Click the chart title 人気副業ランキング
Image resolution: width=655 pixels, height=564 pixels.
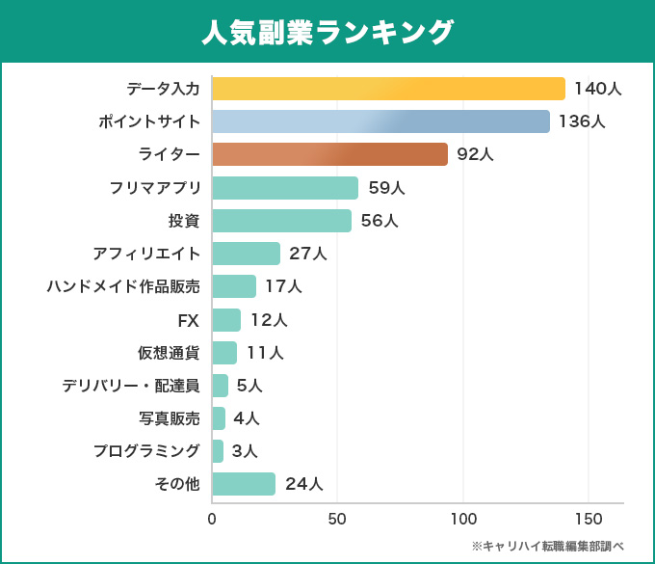tap(327, 32)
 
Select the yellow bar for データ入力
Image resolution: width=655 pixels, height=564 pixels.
tap(388, 89)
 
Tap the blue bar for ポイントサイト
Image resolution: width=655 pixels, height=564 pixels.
tap(380, 121)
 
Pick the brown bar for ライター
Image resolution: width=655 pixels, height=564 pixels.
tap(329, 154)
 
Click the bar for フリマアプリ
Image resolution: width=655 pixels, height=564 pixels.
tap(285, 188)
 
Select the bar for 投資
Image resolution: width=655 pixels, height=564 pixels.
tap(281, 221)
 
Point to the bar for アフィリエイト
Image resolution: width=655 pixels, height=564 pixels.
tap(246, 254)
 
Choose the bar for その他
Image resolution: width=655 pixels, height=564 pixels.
tap(244, 484)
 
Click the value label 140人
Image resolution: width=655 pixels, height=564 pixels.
tap(597, 89)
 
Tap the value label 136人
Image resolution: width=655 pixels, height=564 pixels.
tap(582, 121)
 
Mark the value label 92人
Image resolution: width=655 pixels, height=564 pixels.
tap(475, 154)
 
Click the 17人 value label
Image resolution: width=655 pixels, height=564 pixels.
tap(283, 286)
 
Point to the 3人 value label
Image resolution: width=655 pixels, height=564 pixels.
tap(245, 451)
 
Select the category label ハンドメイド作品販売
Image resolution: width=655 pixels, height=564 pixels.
tap(123, 286)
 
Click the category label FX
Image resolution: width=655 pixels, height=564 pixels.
tap(189, 320)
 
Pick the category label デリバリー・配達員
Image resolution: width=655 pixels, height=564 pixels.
tap(131, 386)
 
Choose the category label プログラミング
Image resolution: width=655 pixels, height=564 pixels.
tap(146, 451)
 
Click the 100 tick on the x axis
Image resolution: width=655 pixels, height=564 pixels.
tap(463, 519)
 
